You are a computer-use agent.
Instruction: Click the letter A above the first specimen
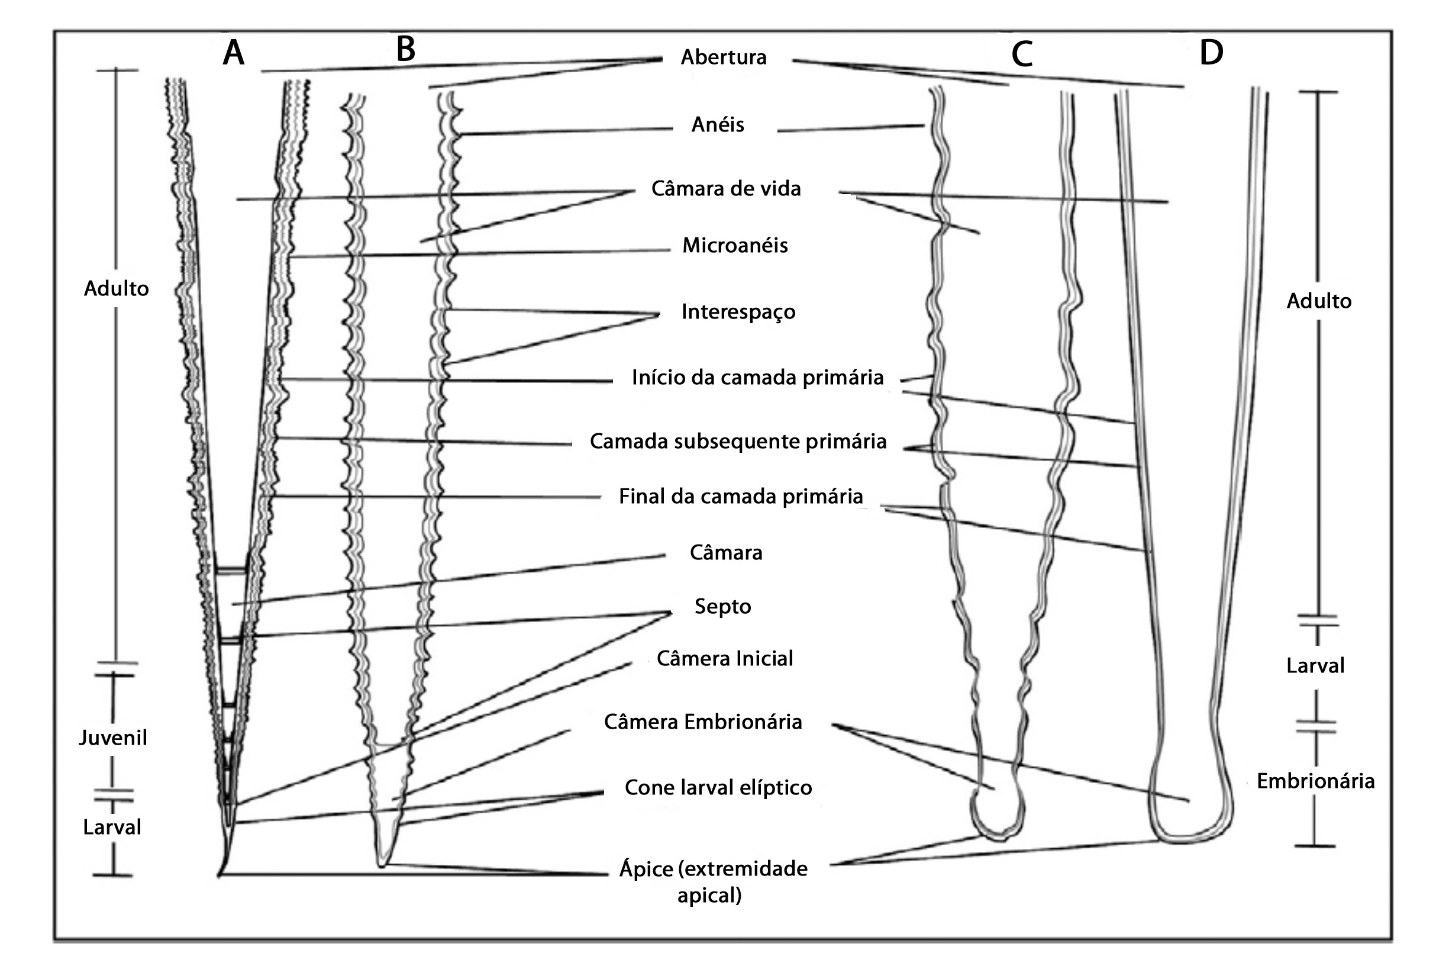[x=234, y=53]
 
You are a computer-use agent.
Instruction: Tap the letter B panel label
[x=405, y=49]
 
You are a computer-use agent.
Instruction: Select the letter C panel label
[x=1022, y=54]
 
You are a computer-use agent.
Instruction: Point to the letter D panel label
[x=1211, y=53]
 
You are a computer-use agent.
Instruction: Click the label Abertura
[x=723, y=57]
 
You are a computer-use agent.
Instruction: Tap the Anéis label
[x=718, y=125]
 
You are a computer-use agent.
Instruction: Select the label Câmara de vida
[x=726, y=189]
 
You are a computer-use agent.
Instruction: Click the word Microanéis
[x=735, y=246]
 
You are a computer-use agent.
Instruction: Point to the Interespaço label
[x=738, y=312]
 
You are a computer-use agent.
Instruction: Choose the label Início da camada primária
[x=757, y=378]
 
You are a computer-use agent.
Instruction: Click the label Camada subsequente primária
[x=738, y=442]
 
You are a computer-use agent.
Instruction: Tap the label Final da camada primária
[x=741, y=496]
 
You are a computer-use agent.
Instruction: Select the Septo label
[x=722, y=607]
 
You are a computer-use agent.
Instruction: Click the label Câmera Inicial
[x=724, y=659]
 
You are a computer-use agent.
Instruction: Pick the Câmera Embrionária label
[x=702, y=722]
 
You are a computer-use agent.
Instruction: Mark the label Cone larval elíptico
[x=718, y=788]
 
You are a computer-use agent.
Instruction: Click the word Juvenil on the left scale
[x=113, y=738]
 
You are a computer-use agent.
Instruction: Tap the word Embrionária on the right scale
[x=1316, y=781]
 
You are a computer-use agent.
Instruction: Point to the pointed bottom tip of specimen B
[x=382, y=864]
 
